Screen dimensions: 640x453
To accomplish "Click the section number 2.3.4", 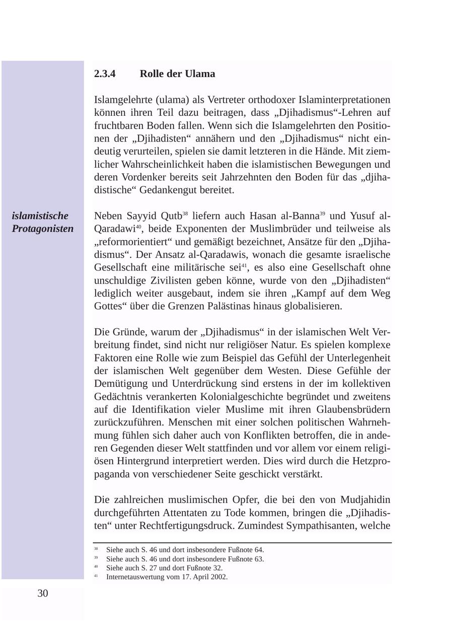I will (x=105, y=74).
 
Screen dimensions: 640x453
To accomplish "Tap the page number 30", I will (x=43, y=594).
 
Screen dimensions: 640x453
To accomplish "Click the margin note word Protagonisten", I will (x=43, y=229).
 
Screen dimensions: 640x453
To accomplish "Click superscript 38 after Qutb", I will (x=185, y=214).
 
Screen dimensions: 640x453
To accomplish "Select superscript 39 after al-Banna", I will (x=323, y=214).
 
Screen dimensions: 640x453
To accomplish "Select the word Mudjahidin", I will (x=365, y=500).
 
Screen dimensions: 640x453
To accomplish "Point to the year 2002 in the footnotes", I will (x=220, y=577).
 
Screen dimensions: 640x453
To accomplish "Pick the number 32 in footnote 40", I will (x=217, y=568).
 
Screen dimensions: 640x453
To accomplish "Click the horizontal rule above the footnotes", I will (x=242, y=543).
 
